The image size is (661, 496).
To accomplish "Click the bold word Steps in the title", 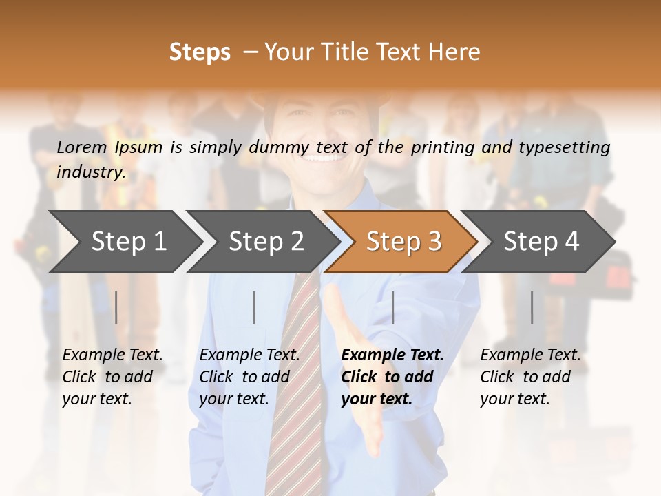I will [200, 52].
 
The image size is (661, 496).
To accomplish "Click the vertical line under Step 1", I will [116, 307].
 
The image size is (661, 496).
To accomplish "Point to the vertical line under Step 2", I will [254, 307].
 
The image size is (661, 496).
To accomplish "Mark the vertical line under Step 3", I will [392, 307].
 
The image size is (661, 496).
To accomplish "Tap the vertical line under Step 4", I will [532, 307].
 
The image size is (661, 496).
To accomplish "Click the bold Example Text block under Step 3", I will [392, 377].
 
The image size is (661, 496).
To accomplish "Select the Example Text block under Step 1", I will [112, 377].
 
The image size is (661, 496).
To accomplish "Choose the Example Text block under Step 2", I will [249, 377].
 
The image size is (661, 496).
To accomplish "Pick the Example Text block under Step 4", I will [530, 377].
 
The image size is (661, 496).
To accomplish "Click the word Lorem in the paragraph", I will [82, 147].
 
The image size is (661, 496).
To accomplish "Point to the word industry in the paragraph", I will [90, 172].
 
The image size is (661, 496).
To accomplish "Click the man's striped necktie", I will [293, 386].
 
